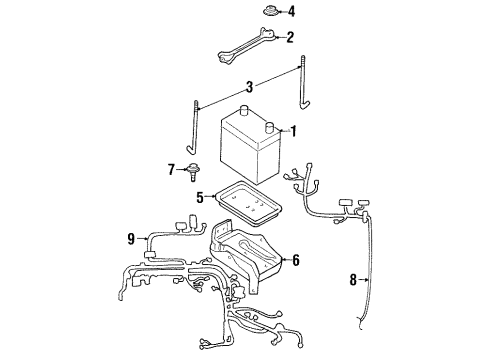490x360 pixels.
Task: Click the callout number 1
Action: point(293,130)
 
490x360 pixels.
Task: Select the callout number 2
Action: point(290,39)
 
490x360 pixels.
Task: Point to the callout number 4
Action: point(291,12)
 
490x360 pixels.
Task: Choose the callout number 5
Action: point(200,198)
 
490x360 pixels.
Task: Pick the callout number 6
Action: point(295,260)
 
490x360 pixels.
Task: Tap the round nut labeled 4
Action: point(269,12)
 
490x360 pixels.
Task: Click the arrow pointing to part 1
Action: point(281,130)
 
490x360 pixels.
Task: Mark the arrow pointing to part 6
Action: point(283,260)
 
